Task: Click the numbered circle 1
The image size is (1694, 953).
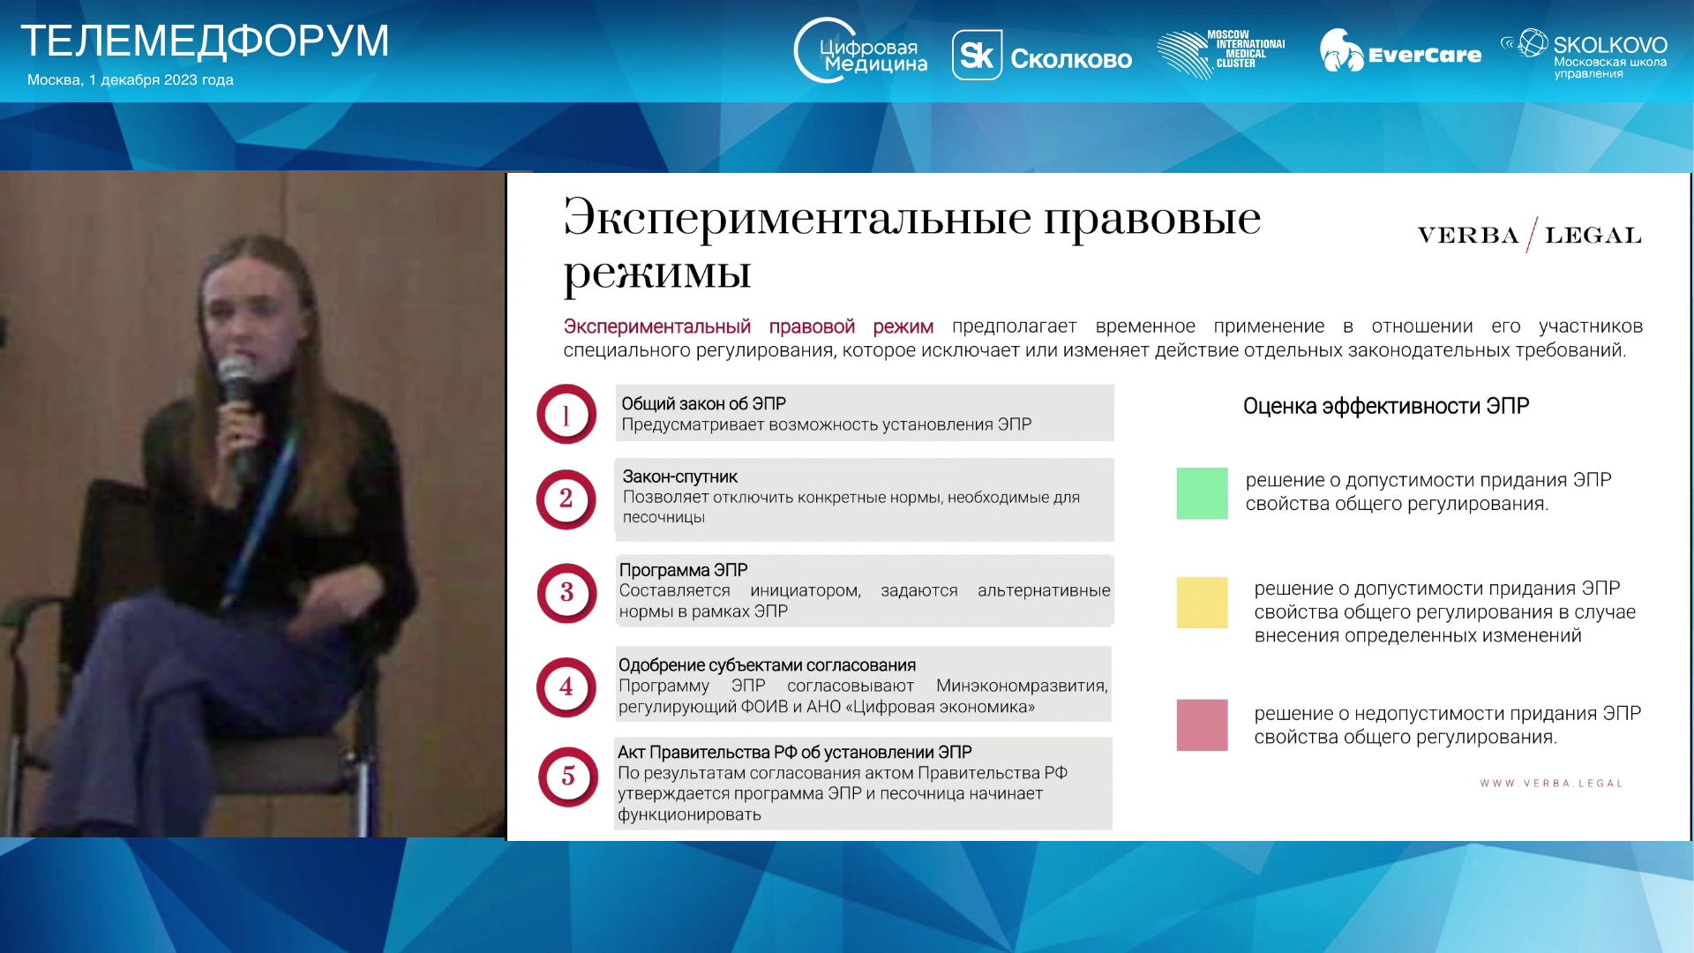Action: point(566,414)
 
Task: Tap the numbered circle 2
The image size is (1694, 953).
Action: point(566,499)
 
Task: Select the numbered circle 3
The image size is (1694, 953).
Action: point(566,593)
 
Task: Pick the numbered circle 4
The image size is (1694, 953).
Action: point(566,687)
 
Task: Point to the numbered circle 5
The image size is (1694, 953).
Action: point(568,777)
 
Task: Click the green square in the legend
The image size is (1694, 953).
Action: point(1202,493)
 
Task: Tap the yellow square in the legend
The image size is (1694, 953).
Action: point(1202,603)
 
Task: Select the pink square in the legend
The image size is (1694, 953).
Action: point(1202,725)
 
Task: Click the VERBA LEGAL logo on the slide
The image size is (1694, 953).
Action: point(1530,235)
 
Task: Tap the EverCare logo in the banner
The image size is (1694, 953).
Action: point(1400,52)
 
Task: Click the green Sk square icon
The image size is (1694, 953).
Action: point(977,56)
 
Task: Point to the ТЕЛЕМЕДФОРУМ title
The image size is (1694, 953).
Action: point(205,41)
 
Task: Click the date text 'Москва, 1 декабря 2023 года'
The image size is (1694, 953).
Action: point(131,80)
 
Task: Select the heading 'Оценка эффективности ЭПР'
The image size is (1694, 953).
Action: point(1386,406)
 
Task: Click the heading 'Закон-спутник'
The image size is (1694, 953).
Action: point(680,476)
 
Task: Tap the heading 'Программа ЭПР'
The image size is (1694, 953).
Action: point(683,570)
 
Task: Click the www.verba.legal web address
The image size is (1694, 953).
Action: point(1552,784)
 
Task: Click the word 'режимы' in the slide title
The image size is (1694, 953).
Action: point(657,274)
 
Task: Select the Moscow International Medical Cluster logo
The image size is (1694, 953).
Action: point(1220,53)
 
